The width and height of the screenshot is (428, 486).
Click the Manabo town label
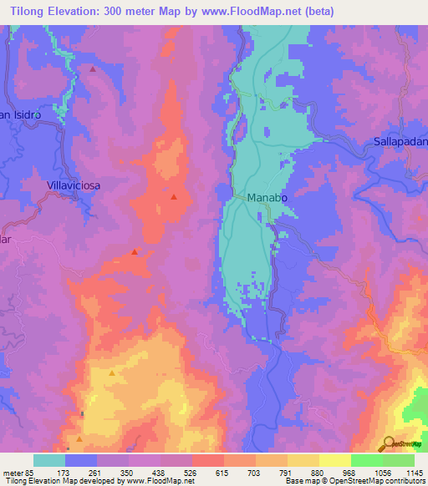pyautogui.click(x=266, y=197)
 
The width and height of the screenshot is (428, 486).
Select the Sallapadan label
pyautogui.click(x=400, y=143)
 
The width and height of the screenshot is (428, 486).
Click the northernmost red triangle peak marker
pyautogui.click(x=92, y=69)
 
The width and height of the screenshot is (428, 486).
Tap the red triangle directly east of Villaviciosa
pyautogui.click(x=173, y=197)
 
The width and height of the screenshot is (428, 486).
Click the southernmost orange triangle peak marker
pyautogui.click(x=79, y=438)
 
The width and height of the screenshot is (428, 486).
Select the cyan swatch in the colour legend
pyautogui.click(x=49, y=460)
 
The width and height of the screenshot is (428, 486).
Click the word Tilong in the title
pyautogui.click(x=28, y=11)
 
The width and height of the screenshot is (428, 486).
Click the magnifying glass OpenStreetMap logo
pyautogui.click(x=389, y=443)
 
